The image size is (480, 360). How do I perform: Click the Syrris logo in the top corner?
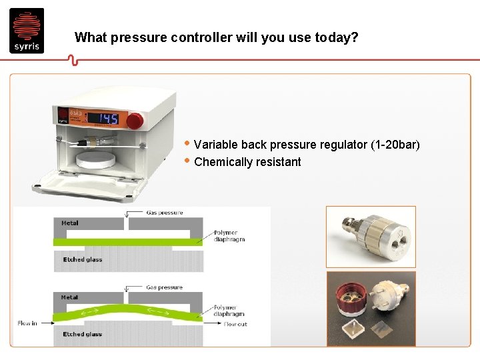click(x=27, y=30)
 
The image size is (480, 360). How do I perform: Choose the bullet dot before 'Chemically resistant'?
click(x=188, y=161)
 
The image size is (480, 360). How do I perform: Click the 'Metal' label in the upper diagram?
click(x=70, y=223)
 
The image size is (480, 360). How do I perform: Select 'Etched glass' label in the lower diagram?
click(x=82, y=334)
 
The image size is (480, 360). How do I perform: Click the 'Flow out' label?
click(x=235, y=324)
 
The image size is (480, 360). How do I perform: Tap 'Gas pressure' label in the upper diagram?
click(x=165, y=213)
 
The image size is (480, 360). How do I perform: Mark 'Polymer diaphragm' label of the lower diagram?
click(x=229, y=310)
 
